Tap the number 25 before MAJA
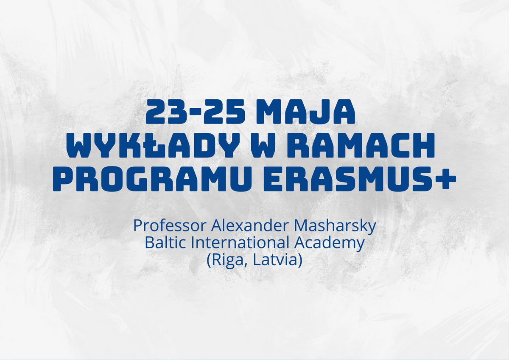tap(224, 112)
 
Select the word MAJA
tap(307, 112)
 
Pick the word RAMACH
tap(361, 145)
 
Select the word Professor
tap(170, 225)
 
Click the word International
tap(240, 243)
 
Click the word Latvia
tap(275, 260)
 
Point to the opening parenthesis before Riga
tap(209, 260)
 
